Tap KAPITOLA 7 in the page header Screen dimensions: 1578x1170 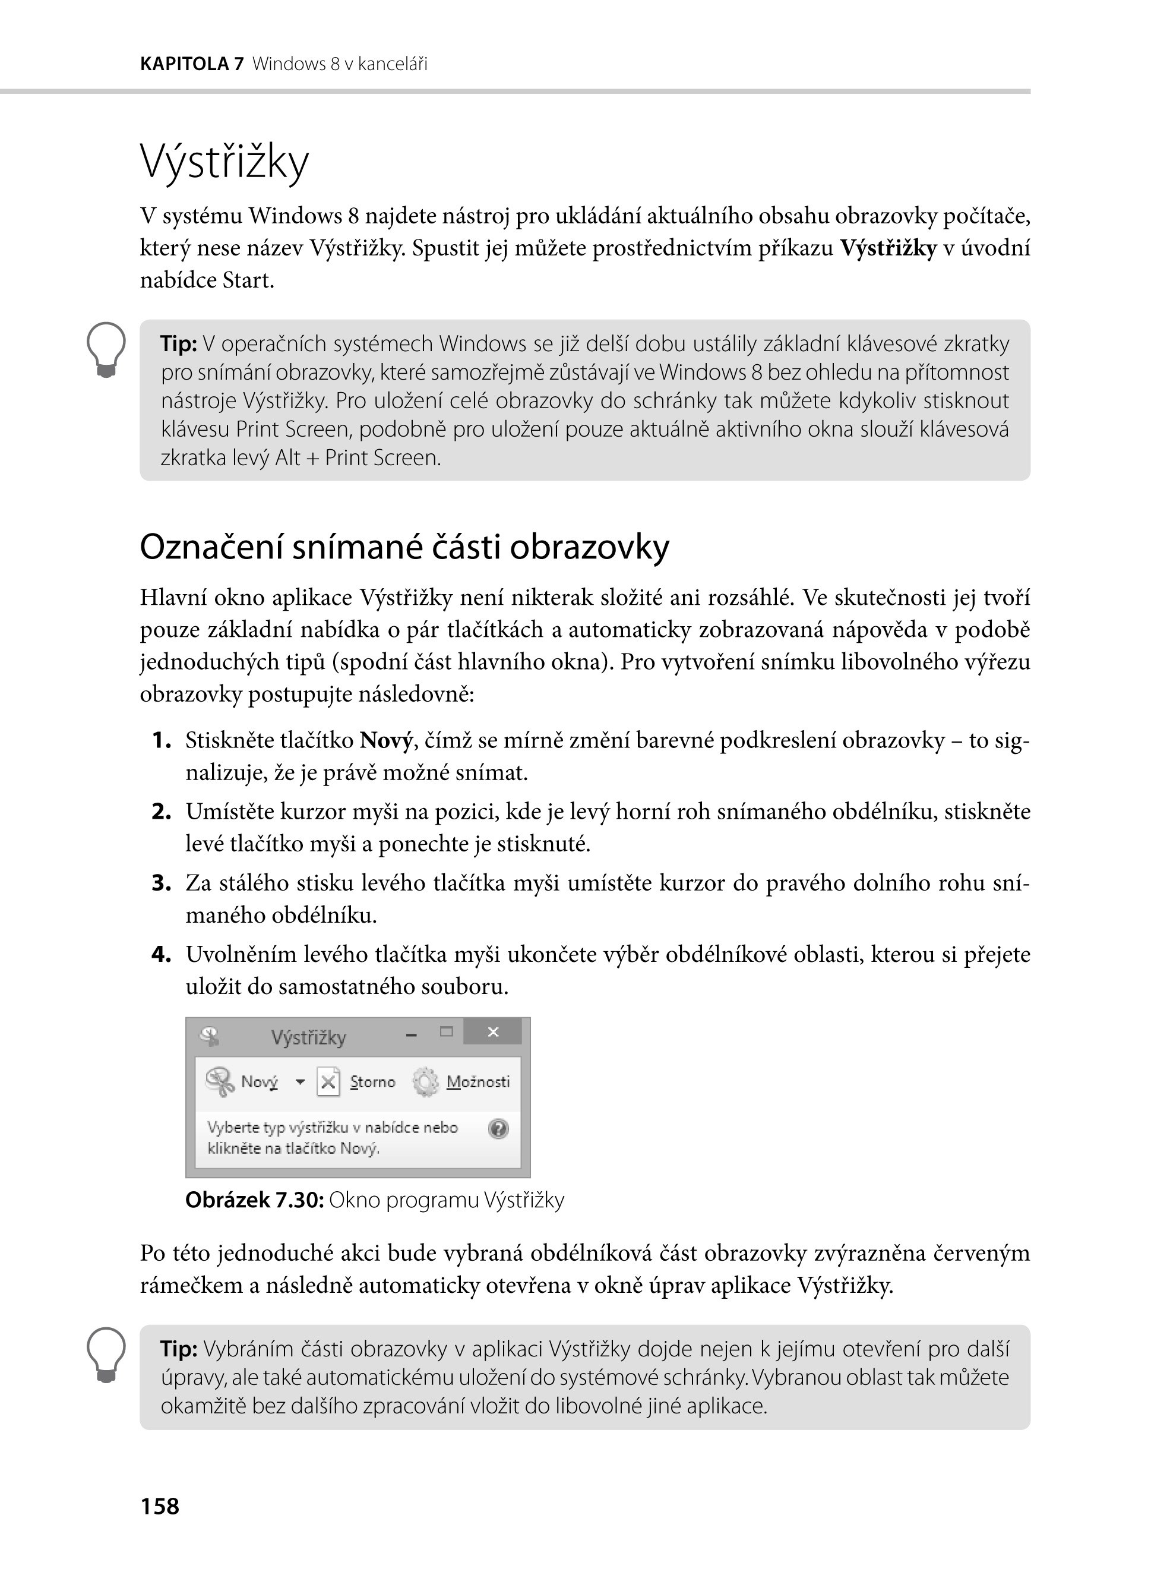[192, 65]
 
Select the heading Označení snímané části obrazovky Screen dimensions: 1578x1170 [404, 547]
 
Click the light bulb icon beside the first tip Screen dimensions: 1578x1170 [106, 349]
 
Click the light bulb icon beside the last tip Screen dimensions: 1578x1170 [106, 1354]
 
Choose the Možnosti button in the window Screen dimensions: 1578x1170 [478, 1082]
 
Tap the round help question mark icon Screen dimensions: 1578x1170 [499, 1128]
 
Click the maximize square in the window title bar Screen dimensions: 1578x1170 [446, 1031]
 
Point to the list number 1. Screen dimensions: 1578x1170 [162, 740]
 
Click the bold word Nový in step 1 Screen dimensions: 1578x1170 [386, 740]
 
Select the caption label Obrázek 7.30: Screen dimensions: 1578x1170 [255, 1200]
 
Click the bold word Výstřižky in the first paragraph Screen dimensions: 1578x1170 [888, 248]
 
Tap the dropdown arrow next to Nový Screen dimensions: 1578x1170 [301, 1082]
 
